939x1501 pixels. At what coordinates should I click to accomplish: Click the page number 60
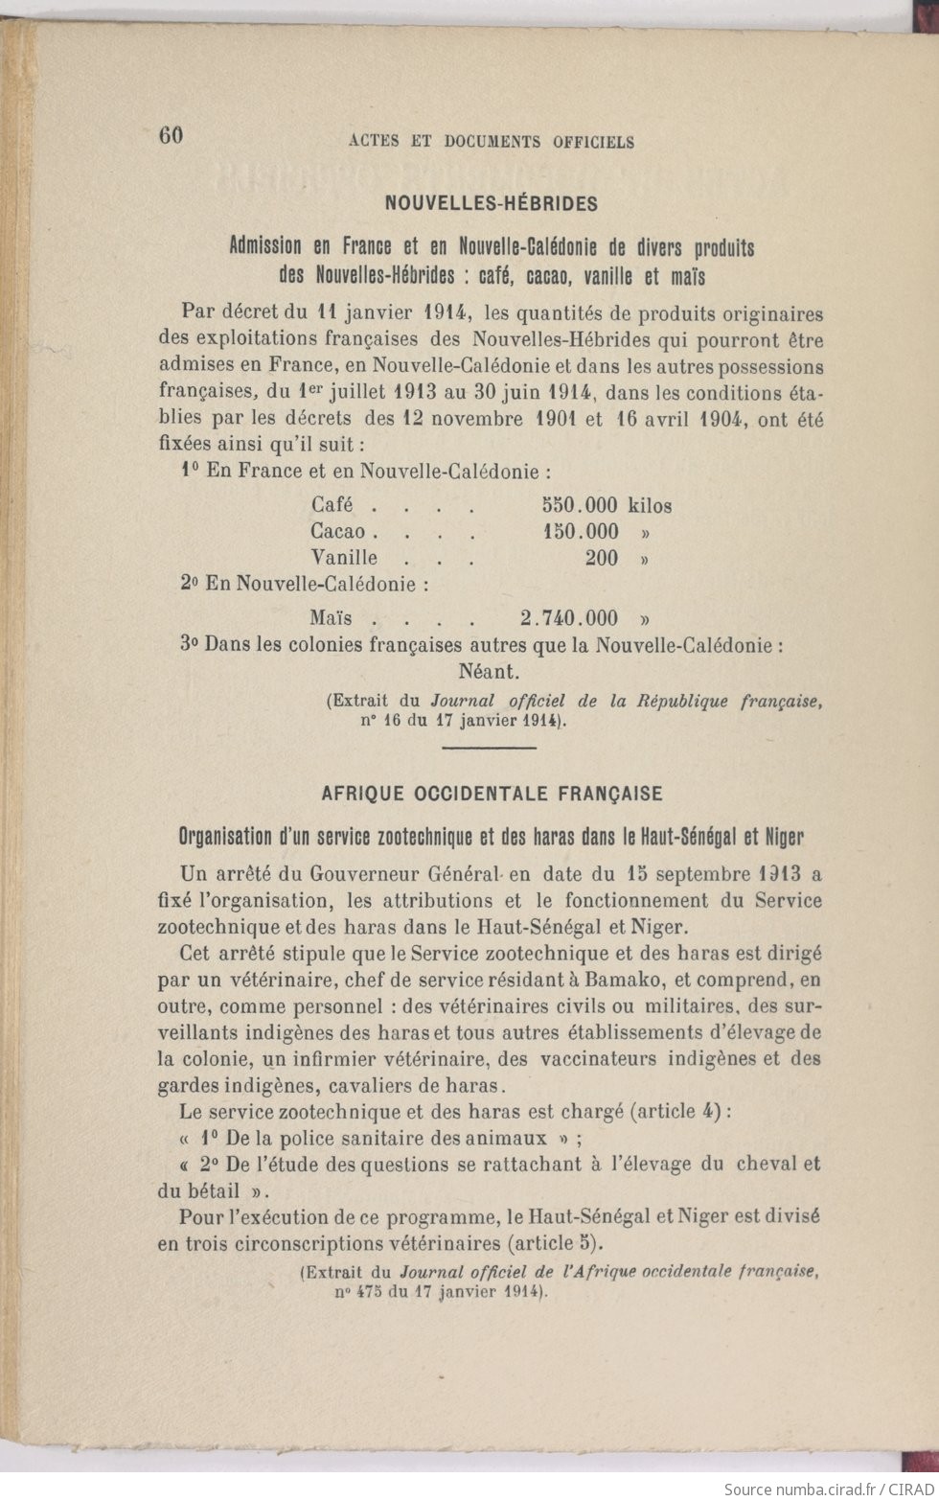[171, 136]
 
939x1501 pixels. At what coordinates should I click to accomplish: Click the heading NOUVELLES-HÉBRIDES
[491, 203]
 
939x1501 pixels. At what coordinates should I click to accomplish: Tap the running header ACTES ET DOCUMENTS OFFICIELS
[491, 142]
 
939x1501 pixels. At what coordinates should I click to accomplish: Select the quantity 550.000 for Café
[580, 505]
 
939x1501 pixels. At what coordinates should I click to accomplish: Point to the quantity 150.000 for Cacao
[581, 531]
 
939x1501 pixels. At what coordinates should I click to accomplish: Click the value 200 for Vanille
[601, 558]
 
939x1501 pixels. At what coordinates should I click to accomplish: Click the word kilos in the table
[650, 505]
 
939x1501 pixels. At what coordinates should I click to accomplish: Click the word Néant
[490, 671]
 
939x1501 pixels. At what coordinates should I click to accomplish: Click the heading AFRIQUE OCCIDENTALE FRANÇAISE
[492, 794]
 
